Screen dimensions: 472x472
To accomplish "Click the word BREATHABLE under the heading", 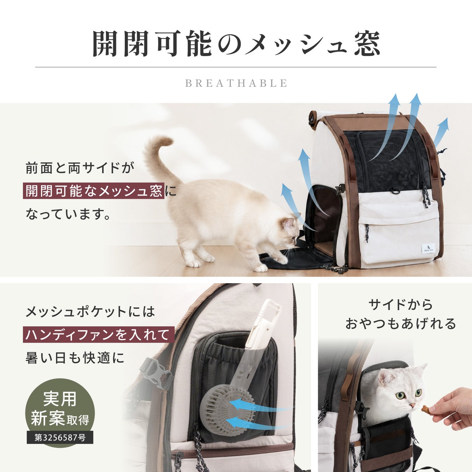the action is pyautogui.click(x=236, y=83).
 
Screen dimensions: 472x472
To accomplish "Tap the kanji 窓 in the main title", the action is pyautogui.click(x=367, y=44).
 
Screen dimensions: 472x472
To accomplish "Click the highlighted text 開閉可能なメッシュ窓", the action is pyautogui.click(x=94, y=191).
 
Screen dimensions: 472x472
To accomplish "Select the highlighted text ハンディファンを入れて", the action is pyautogui.click(x=99, y=335).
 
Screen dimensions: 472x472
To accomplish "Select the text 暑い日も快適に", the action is pyautogui.click(x=75, y=358).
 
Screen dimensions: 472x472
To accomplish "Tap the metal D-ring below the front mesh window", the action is pyautogui.click(x=395, y=191).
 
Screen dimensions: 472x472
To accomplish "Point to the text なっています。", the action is pyautogui.click(x=69, y=214).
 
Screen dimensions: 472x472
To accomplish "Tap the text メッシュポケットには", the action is pyautogui.click(x=91, y=312).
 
